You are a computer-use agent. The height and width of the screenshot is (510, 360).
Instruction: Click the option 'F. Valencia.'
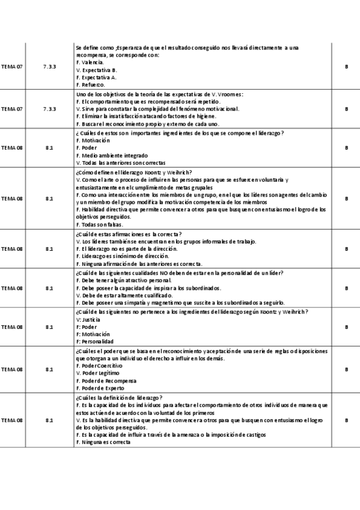(90, 63)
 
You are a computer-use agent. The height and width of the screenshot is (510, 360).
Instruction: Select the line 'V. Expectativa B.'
(97, 70)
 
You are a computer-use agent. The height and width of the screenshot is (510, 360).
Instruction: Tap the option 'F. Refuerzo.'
(91, 85)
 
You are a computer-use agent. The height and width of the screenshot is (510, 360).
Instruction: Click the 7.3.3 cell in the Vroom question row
(49, 109)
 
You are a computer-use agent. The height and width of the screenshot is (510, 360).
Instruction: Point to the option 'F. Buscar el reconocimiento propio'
(126, 124)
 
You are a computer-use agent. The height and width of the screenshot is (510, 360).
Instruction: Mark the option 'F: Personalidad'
(95, 342)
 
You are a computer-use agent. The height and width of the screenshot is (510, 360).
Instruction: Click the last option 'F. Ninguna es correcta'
(103, 442)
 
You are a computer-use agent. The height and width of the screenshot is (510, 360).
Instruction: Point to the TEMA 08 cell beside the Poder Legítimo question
(11, 369)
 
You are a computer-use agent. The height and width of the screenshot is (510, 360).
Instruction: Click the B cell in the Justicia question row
(346, 327)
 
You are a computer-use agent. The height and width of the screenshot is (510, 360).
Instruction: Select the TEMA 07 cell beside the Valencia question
(11, 66)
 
